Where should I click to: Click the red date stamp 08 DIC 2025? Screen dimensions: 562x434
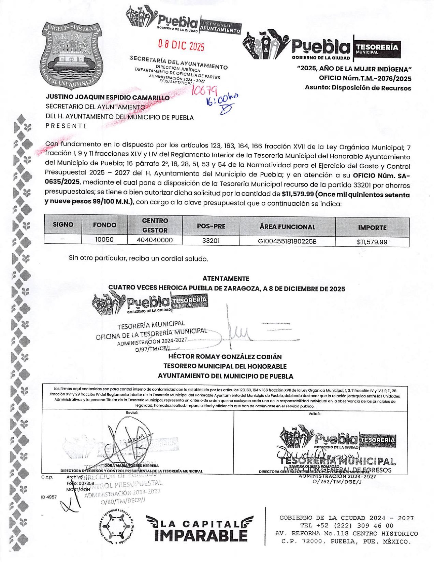click(x=181, y=45)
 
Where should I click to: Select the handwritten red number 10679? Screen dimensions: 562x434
click(x=204, y=90)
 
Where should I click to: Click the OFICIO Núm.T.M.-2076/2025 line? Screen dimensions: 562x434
click(x=365, y=79)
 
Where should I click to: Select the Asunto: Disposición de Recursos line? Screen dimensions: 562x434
click(x=358, y=88)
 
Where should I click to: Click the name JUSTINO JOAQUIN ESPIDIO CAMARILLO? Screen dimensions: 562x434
click(x=108, y=98)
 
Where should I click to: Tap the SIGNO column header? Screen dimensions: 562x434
click(x=63, y=225)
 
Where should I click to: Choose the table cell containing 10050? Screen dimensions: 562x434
click(x=104, y=240)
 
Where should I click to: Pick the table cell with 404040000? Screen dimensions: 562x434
click(x=155, y=240)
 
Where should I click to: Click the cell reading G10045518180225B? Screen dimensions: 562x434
click(x=287, y=241)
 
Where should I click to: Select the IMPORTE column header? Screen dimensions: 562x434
click(x=372, y=227)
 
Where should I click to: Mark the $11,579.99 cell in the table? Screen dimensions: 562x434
click(x=372, y=242)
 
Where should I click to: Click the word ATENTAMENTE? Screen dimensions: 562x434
click(x=226, y=279)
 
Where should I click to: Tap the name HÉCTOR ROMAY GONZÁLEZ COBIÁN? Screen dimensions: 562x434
click(x=225, y=357)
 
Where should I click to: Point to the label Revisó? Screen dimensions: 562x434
click(x=132, y=413)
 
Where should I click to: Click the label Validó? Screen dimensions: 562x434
click(x=314, y=413)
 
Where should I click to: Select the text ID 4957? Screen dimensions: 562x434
click(x=49, y=497)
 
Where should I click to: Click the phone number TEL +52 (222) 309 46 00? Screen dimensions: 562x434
click(x=347, y=526)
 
